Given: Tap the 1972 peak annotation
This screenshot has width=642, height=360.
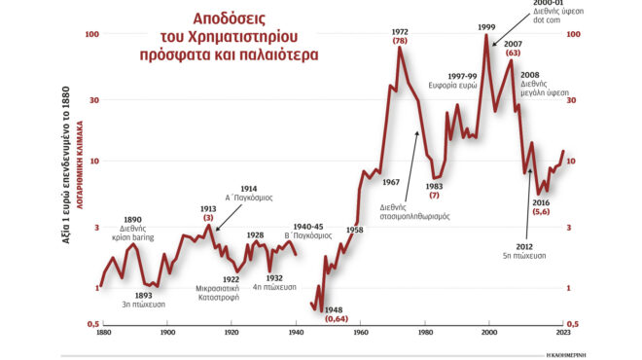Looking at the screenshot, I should (400, 31).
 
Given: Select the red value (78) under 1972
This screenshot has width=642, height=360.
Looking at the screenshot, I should (400, 42).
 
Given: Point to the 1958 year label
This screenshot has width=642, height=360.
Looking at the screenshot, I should (354, 231).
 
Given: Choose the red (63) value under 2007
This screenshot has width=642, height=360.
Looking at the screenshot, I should (513, 54).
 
